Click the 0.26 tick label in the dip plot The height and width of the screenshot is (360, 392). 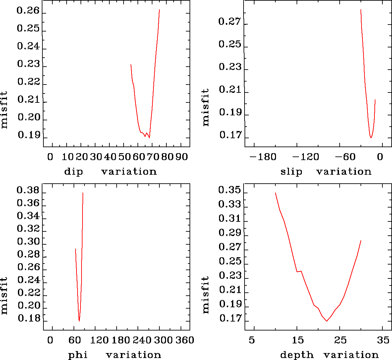pos(28,11)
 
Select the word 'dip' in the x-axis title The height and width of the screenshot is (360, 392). pos(74,172)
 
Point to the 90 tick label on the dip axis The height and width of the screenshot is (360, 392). pos(182,156)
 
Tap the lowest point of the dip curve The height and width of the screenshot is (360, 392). pos(149,137)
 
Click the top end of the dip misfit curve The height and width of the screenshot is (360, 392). pos(159,10)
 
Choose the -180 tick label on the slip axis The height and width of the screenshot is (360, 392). pos(263,156)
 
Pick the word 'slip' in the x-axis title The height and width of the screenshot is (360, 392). pos(291,172)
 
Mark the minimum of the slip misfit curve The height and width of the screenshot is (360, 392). pos(371,138)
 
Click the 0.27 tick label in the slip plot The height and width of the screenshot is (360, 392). pos(230,22)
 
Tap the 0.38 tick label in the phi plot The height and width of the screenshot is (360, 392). pos(28,191)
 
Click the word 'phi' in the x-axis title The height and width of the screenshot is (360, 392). pos(78,355)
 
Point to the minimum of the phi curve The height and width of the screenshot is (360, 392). pos(79,321)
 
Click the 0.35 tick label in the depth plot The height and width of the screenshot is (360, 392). pos(230,190)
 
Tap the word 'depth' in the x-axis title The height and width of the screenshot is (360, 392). pos(297,355)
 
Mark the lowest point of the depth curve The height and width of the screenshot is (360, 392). pos(327,321)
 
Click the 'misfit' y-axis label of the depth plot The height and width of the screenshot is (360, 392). pos(206,295)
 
